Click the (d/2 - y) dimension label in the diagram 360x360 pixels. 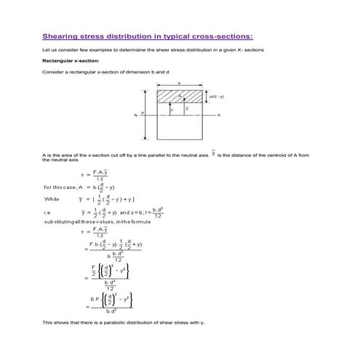(x=217, y=96)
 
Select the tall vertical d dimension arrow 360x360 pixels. (x=148, y=114)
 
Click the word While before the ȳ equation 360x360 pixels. (x=52, y=198)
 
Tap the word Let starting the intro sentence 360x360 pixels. (x=46, y=49)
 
